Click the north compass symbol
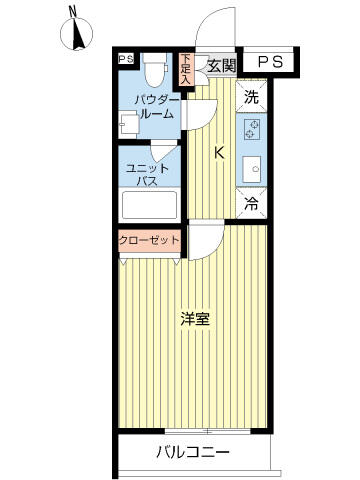pos(76,33)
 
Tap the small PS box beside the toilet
pos(126,59)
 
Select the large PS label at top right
pos(271,62)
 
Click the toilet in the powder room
pos(155,69)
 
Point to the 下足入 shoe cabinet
pos(186,69)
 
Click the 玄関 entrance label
pos(222,66)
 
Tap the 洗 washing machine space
pos(251,96)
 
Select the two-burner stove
pos(252,129)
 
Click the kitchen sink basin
pos(252,169)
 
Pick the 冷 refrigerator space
pos(251,203)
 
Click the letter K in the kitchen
pos(219,153)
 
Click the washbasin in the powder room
pos(129,125)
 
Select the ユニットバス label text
pos(148,174)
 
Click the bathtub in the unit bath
pos(149,205)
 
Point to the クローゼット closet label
pos(150,240)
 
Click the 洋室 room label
pos(195,319)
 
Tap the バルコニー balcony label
pos(193,452)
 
